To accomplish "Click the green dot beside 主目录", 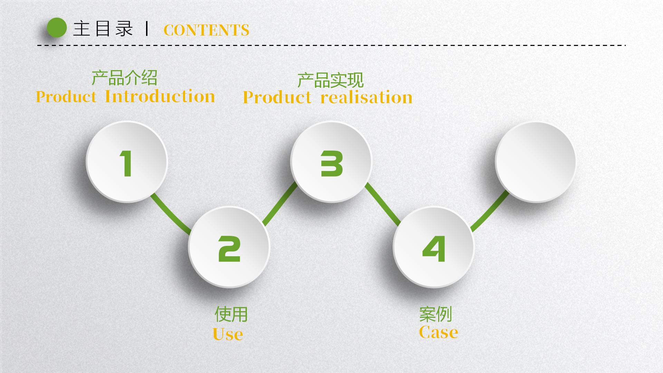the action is (57, 28).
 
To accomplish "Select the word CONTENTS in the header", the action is (206, 30).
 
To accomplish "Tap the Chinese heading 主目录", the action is (103, 28).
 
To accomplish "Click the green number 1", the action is (126, 163).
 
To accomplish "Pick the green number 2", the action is (229, 248).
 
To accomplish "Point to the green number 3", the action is (331, 163).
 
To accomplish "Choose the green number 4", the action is (434, 248).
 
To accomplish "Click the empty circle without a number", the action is (536, 162).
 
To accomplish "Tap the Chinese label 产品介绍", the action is (124, 78).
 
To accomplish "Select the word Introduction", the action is (160, 96).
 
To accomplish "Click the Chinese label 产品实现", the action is (330, 80).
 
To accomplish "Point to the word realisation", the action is (367, 97).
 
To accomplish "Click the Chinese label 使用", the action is (231, 314).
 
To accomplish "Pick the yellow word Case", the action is (439, 332).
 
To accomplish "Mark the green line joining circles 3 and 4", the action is (383, 204).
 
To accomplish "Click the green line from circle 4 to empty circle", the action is (490, 211).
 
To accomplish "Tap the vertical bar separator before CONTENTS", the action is (147, 29).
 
